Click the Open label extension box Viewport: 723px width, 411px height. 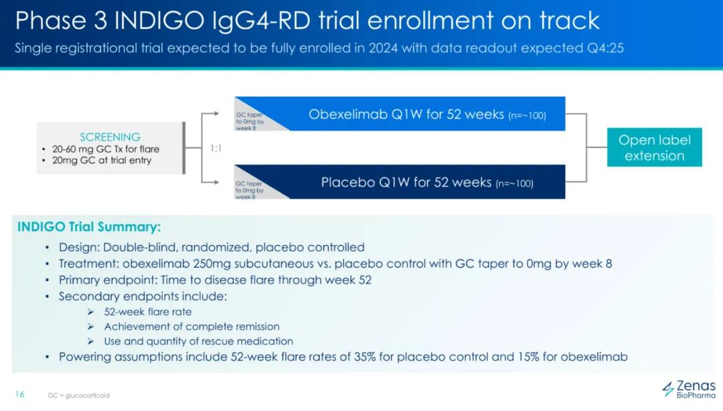coord(654,147)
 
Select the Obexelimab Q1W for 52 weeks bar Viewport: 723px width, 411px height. coord(400,114)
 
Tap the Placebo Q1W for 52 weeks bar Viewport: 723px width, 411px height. coord(400,182)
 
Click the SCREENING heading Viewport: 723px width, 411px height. coord(110,137)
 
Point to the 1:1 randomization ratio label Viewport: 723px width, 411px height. coord(216,148)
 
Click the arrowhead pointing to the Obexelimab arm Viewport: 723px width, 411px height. coord(216,114)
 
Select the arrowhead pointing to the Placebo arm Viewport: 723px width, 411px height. coord(216,182)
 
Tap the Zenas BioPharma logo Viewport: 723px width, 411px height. coord(689,389)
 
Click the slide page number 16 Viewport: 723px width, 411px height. coord(19,394)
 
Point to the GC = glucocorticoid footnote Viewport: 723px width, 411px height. coord(79,396)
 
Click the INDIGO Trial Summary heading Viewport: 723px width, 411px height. coord(89,227)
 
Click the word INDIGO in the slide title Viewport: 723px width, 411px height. coord(159,20)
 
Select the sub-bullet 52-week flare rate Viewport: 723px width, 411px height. coord(147,312)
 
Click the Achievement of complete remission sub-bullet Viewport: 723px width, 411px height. coord(192,327)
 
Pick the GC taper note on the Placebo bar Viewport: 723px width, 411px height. coord(249,190)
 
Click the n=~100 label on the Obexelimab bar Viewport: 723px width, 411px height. coord(527,115)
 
